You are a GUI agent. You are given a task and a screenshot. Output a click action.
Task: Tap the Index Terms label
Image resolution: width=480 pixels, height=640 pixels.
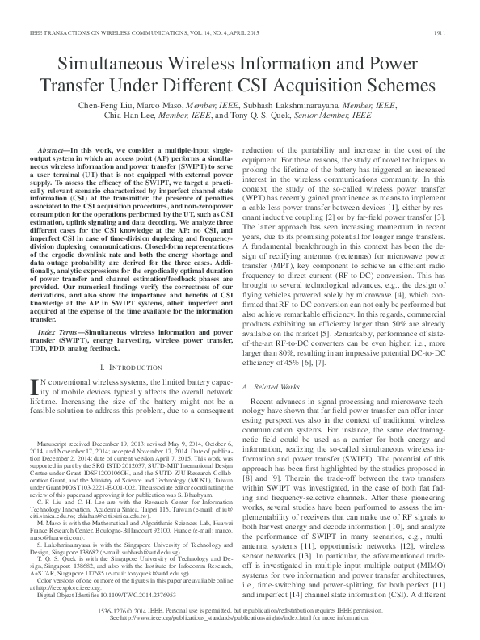pos(60,331)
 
